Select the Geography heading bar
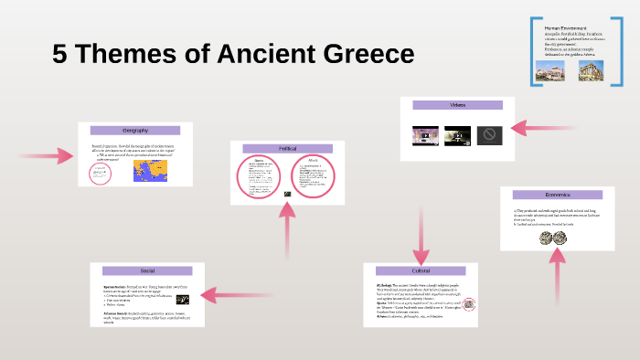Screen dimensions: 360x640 point(134,132)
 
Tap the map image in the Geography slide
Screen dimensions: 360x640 point(150,171)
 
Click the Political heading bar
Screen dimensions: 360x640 point(287,148)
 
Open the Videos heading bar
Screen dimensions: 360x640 point(457,105)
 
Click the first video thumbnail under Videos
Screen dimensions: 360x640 point(426,136)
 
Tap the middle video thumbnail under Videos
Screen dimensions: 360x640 point(457,136)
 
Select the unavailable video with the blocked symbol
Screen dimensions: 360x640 point(489,136)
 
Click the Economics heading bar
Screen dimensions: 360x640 point(557,195)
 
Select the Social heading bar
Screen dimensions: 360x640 point(147,271)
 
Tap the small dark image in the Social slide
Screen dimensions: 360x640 point(183,300)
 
